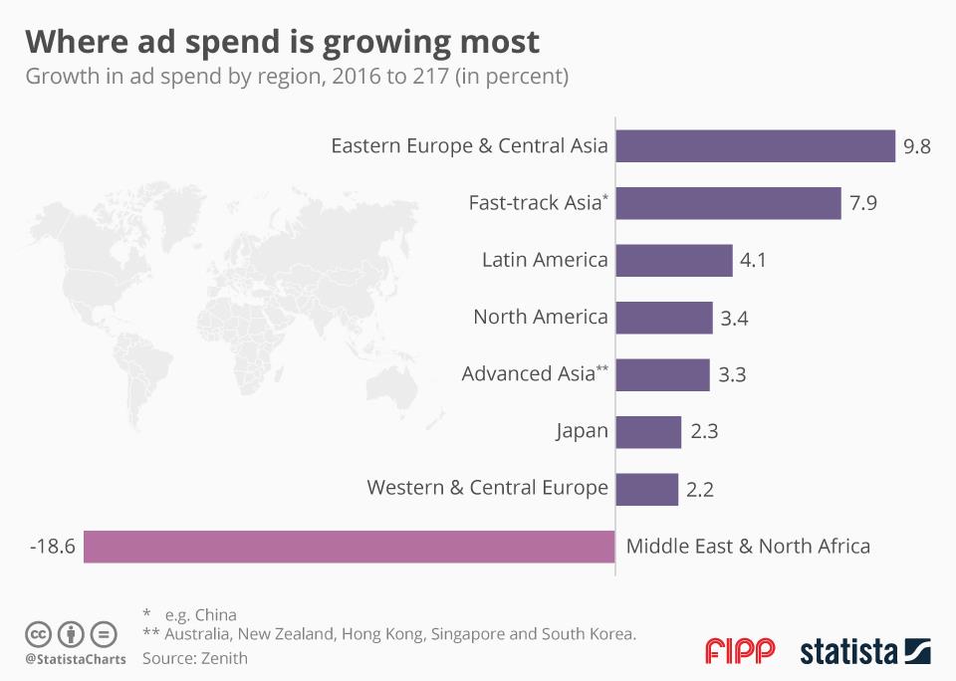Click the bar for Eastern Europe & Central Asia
click(x=756, y=145)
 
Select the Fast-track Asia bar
click(x=729, y=203)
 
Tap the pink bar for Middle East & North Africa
click(x=349, y=547)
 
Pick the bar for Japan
click(x=648, y=432)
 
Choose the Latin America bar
click(x=674, y=261)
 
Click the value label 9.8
click(x=916, y=146)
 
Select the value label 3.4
click(x=736, y=319)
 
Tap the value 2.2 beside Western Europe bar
click(x=700, y=490)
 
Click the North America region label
click(x=541, y=318)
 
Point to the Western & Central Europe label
click(x=487, y=488)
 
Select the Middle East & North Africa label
click(x=748, y=546)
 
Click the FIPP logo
click(x=739, y=652)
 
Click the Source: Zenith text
click(x=195, y=658)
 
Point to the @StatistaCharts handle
click(x=76, y=659)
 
